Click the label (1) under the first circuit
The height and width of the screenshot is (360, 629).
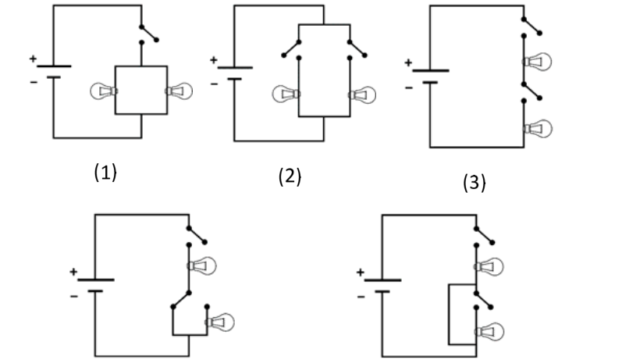pyautogui.click(x=105, y=172)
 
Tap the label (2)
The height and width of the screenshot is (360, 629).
pyautogui.click(x=290, y=176)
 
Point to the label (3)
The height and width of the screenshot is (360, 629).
pyautogui.click(x=474, y=182)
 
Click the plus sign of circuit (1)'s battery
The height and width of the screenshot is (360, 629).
pyautogui.click(x=33, y=59)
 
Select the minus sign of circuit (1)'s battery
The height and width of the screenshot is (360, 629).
pyautogui.click(x=34, y=82)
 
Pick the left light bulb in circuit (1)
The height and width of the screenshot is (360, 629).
pyautogui.click(x=104, y=91)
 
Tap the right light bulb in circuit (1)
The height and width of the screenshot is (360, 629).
pyautogui.click(x=179, y=91)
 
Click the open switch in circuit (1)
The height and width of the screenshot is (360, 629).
pyautogui.click(x=149, y=34)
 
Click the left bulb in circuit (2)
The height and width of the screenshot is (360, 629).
pyautogui.click(x=286, y=94)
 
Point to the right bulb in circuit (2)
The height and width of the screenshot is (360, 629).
pyautogui.click(x=362, y=95)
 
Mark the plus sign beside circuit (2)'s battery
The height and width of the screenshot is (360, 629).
pyautogui.click(x=213, y=60)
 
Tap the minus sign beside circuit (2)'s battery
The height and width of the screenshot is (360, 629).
pyautogui.click(x=214, y=84)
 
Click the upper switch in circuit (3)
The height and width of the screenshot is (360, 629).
pyautogui.click(x=532, y=27)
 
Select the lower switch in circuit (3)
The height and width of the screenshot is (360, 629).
pyautogui.click(x=532, y=92)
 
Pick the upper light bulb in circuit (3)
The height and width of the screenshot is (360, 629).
pyautogui.click(x=537, y=62)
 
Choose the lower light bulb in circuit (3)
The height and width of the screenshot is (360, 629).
pyautogui.click(x=538, y=129)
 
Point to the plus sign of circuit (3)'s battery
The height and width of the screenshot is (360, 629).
pyautogui.click(x=408, y=62)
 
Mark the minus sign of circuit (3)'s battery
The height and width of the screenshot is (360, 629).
pyautogui.click(x=409, y=87)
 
